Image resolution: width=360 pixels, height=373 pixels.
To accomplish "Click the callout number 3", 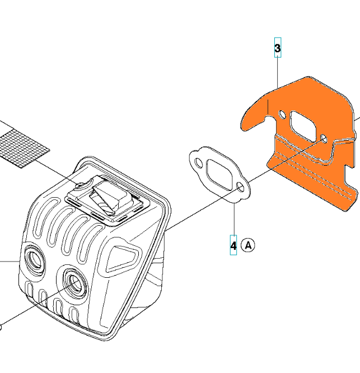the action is [x=278, y=48].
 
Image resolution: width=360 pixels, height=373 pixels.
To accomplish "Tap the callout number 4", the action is [x=233, y=245].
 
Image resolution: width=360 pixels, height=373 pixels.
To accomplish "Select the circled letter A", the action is [x=248, y=245].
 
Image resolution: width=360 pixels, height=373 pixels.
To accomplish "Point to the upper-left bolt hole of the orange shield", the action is [x=282, y=115].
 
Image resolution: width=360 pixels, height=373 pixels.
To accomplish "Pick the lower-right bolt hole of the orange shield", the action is [x=324, y=138].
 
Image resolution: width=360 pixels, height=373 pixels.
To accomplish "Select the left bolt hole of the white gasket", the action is [x=198, y=162].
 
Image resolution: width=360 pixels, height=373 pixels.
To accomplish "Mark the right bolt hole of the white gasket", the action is [x=240, y=187].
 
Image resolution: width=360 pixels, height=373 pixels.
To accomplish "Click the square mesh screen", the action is [x=24, y=147].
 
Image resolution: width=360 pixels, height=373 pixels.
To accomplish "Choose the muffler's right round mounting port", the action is [x=75, y=283].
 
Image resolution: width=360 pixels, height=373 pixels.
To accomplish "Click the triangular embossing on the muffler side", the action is [x=121, y=259].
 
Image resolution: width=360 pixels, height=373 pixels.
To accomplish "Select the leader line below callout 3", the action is [x=278, y=73].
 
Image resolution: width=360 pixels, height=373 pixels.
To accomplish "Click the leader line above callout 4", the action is [x=234, y=219].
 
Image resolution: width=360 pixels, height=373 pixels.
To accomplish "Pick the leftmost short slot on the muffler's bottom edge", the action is [x=30, y=292].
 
